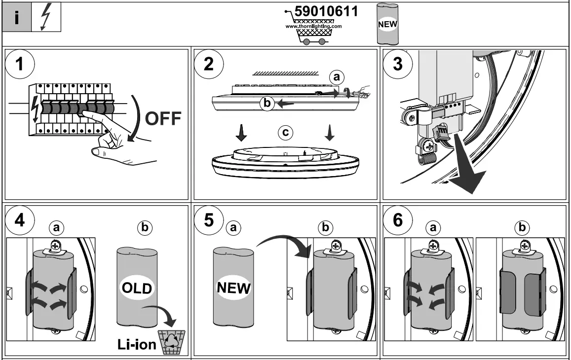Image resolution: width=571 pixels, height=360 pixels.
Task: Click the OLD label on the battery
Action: [137, 288]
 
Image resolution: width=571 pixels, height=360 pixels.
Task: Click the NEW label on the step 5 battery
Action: [233, 288]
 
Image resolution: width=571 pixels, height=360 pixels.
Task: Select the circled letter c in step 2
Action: [284, 132]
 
